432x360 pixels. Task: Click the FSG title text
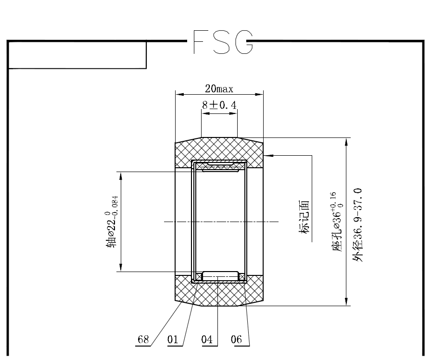[x=222, y=42]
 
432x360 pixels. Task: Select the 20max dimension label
[x=219, y=88]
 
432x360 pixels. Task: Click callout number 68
[x=143, y=339]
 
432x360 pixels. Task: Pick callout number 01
[x=173, y=339]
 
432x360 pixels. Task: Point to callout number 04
[x=207, y=339]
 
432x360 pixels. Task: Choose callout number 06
[x=236, y=339]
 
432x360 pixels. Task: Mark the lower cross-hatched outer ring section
[x=219, y=293]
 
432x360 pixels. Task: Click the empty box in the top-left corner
[x=77, y=55]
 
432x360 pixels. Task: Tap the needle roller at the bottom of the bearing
[x=220, y=276]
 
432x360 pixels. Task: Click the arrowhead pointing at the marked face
[x=268, y=155]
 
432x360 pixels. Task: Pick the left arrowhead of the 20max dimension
[x=179, y=95]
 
